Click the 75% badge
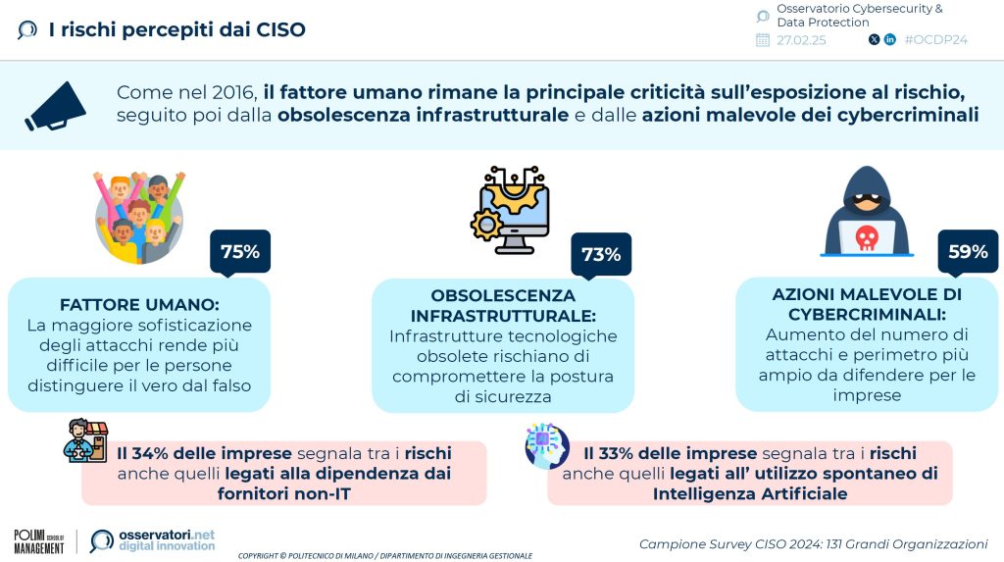tap(240, 251)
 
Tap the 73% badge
tap(601, 254)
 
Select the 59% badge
tap(968, 251)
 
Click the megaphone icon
tap(56, 106)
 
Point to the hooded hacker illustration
tap(867, 212)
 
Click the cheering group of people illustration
tap(139, 217)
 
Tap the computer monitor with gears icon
tap(510, 210)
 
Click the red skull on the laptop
tap(867, 237)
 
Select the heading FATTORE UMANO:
tap(139, 304)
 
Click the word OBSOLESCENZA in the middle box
tap(503, 295)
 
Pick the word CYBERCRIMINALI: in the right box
tap(867, 315)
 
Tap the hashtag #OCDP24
tap(935, 40)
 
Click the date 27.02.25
tap(801, 40)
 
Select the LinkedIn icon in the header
tap(890, 40)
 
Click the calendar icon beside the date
tap(763, 40)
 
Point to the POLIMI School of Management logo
tap(39, 541)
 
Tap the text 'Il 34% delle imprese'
tap(204, 453)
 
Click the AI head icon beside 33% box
tap(547, 444)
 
